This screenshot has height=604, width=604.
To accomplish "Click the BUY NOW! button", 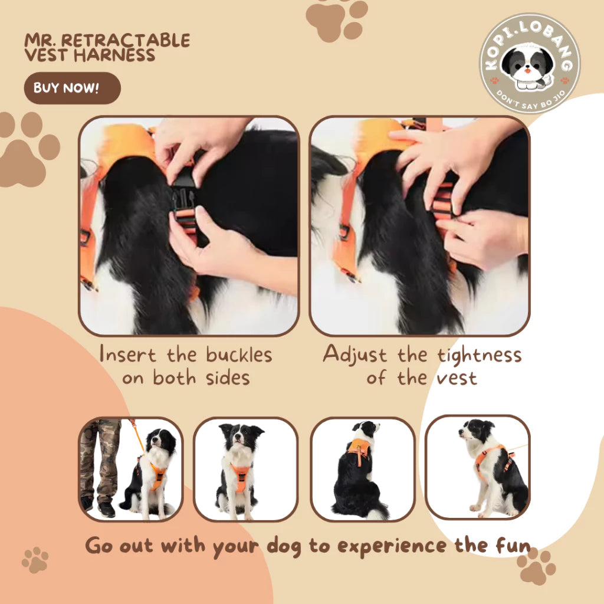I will click(x=71, y=88).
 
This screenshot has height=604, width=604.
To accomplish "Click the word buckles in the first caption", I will click(x=239, y=355).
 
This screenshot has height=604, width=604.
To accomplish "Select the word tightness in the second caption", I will click(x=479, y=356).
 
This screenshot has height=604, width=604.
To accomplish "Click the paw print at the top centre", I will click(x=337, y=18).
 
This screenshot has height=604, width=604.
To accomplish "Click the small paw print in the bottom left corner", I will click(x=35, y=560).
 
